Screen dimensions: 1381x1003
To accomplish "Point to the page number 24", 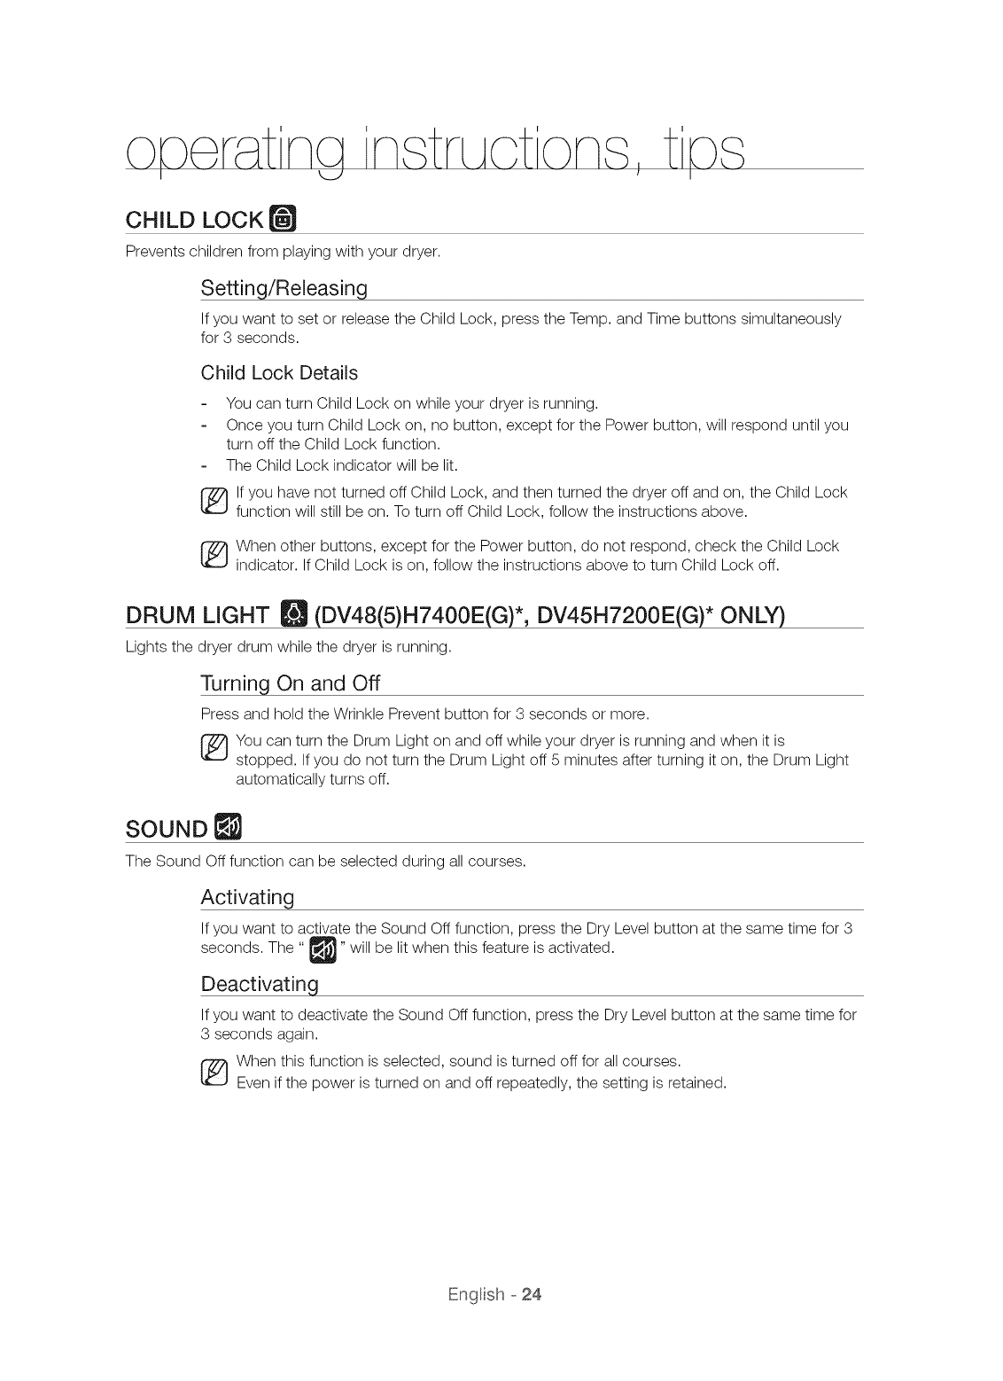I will pos(531,1294).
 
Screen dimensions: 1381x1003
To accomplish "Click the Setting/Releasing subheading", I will pos(284,288).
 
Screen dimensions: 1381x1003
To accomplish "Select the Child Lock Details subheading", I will pos(279,372).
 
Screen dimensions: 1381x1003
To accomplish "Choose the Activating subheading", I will pos(247,897).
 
